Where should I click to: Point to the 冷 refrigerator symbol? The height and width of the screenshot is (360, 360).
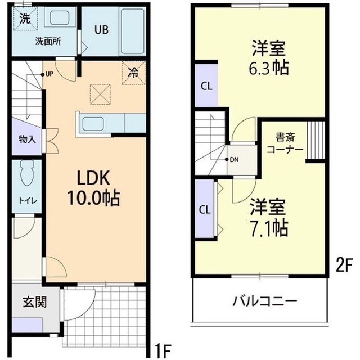click(133, 72)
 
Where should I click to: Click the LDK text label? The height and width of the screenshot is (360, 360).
click(96, 178)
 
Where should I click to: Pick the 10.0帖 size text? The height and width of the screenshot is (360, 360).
click(96, 198)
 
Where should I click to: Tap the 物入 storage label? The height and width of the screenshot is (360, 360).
click(26, 139)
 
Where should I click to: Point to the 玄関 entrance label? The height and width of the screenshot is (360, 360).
click(35, 301)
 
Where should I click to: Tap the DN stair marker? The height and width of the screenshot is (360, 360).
click(232, 160)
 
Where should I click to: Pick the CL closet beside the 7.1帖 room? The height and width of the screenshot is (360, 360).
click(205, 209)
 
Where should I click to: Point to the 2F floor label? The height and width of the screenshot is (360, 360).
click(343, 264)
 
